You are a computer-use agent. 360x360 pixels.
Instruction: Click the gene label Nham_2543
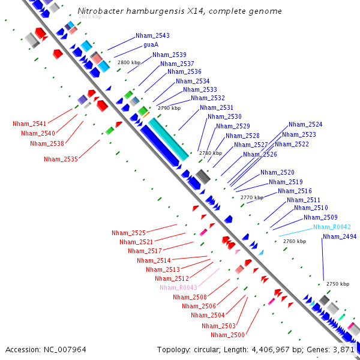(152, 35)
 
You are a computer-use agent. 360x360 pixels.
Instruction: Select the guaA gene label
(151, 45)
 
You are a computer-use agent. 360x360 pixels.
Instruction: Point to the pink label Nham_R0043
(178, 287)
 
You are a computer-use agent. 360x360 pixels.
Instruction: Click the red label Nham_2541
(29, 124)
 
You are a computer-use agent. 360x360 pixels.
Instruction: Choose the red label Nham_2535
(61, 159)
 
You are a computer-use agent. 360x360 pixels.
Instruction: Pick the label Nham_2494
(340, 236)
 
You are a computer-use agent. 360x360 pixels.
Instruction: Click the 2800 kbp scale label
(128, 62)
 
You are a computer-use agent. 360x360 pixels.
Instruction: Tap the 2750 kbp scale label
(337, 284)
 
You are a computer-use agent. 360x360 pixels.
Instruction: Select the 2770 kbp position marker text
(252, 197)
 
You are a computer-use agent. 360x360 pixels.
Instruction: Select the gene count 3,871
(344, 349)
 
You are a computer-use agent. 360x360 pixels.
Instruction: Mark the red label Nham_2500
(227, 335)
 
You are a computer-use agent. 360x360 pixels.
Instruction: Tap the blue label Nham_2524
(305, 124)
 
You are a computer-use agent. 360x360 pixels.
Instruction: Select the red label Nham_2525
(128, 233)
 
